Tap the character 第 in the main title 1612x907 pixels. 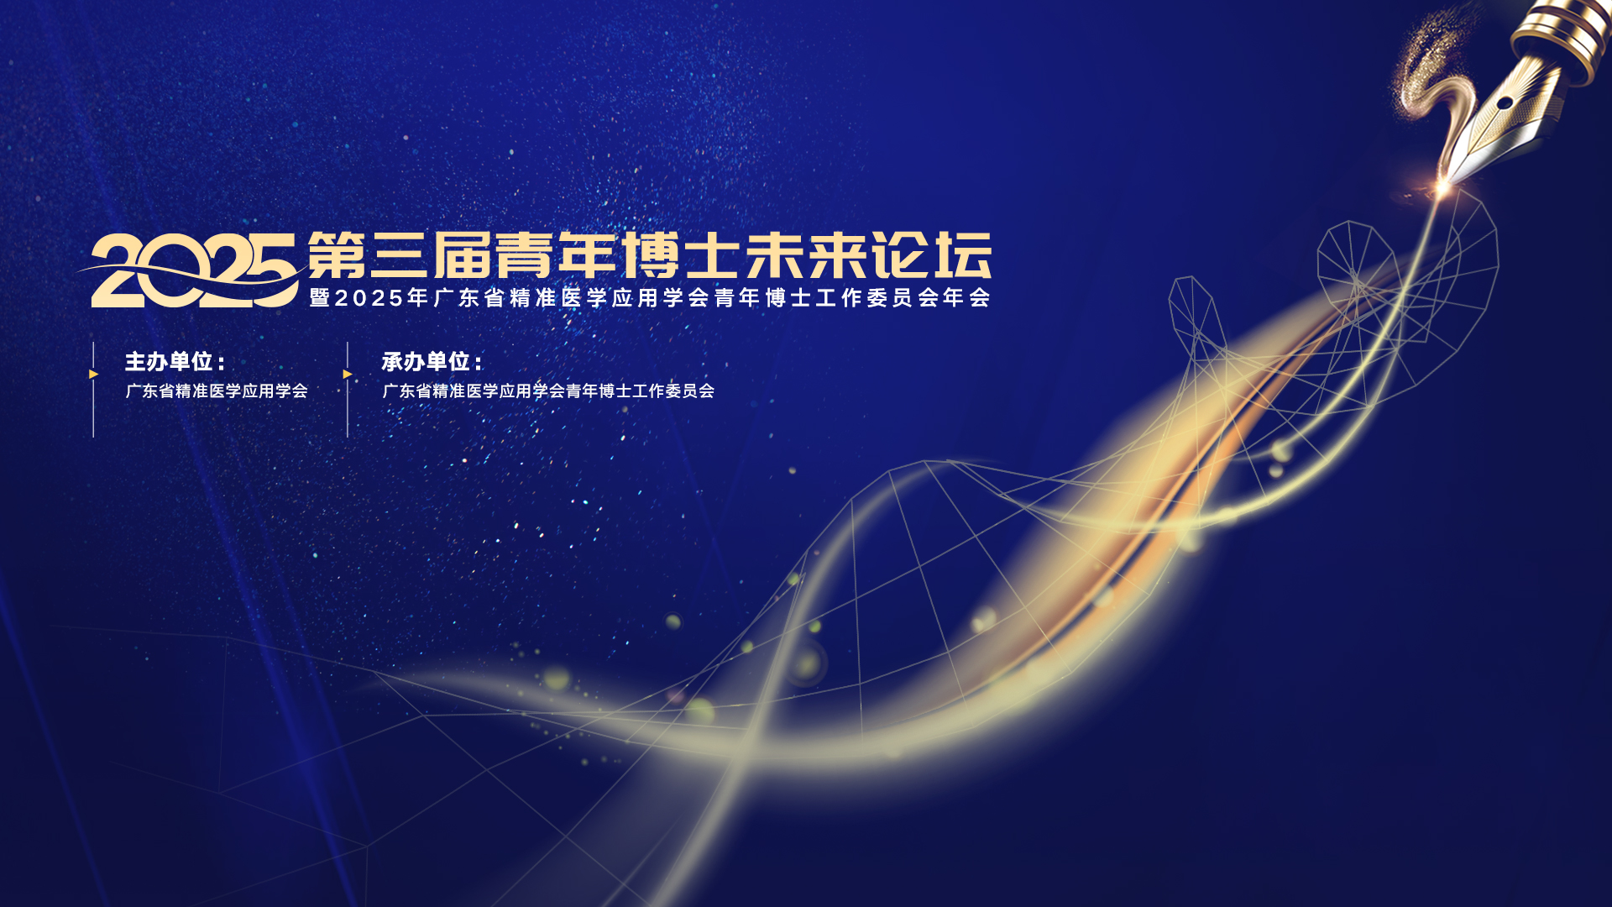(x=337, y=254)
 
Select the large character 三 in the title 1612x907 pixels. (x=400, y=254)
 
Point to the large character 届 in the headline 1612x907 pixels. (x=462, y=254)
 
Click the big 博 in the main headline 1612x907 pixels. (x=650, y=254)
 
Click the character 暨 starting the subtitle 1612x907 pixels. (x=320, y=298)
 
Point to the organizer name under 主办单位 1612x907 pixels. (x=217, y=391)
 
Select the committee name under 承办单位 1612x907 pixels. (x=548, y=391)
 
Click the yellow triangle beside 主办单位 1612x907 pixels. (x=93, y=374)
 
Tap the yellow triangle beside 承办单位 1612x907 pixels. (x=347, y=374)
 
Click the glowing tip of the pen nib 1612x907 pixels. (x=1443, y=187)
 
